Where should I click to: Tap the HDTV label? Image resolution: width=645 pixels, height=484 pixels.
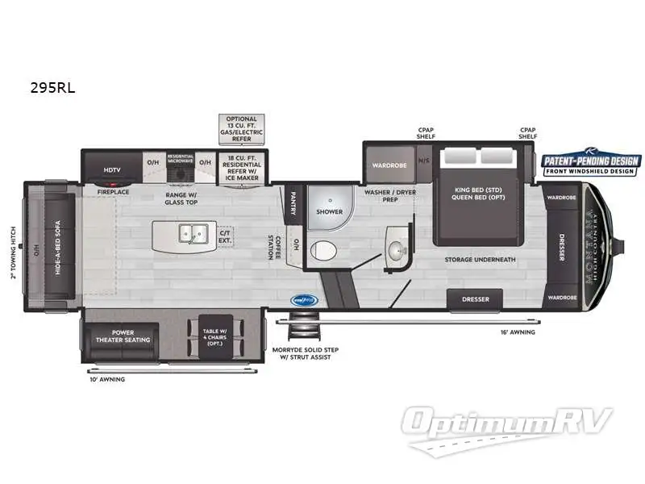pos(111,170)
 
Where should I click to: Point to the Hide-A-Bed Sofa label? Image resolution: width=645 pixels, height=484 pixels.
pos(59,248)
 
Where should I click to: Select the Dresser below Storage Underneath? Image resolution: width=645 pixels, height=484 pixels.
pos(475,299)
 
